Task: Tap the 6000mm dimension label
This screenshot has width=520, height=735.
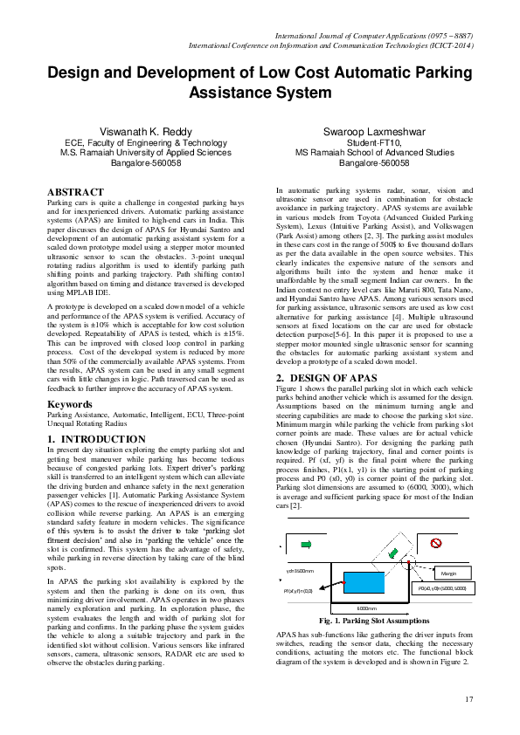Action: [366, 608]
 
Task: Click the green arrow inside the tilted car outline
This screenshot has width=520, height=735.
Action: [393, 553]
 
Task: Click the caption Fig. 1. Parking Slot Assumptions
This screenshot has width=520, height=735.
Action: [374, 621]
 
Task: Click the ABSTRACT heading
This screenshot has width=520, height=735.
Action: [74, 192]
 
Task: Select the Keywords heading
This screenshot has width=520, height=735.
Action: [70, 404]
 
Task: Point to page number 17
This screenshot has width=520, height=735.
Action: [468, 698]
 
